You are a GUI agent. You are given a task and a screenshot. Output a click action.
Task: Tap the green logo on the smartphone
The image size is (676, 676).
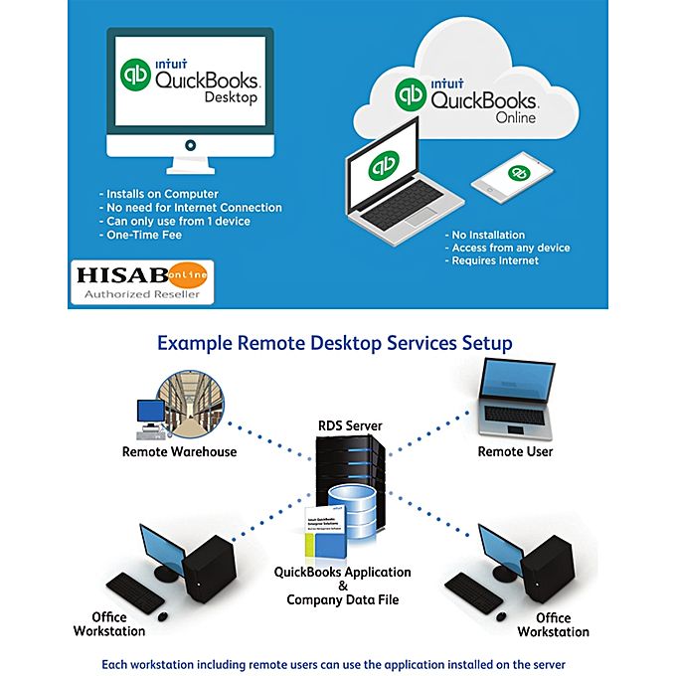[x=516, y=171]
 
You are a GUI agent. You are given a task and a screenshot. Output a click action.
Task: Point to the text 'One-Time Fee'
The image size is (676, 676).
[x=142, y=235]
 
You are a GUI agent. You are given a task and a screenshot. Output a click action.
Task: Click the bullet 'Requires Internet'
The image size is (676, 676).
[x=495, y=259]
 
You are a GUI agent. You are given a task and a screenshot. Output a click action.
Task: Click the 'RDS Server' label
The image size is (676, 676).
[x=350, y=425]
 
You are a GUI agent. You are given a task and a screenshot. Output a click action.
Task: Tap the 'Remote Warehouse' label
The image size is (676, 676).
[x=179, y=451]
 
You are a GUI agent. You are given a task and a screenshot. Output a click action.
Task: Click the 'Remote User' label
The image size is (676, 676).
[x=515, y=451]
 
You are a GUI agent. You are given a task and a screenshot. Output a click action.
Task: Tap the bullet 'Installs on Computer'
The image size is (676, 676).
[x=164, y=193]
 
